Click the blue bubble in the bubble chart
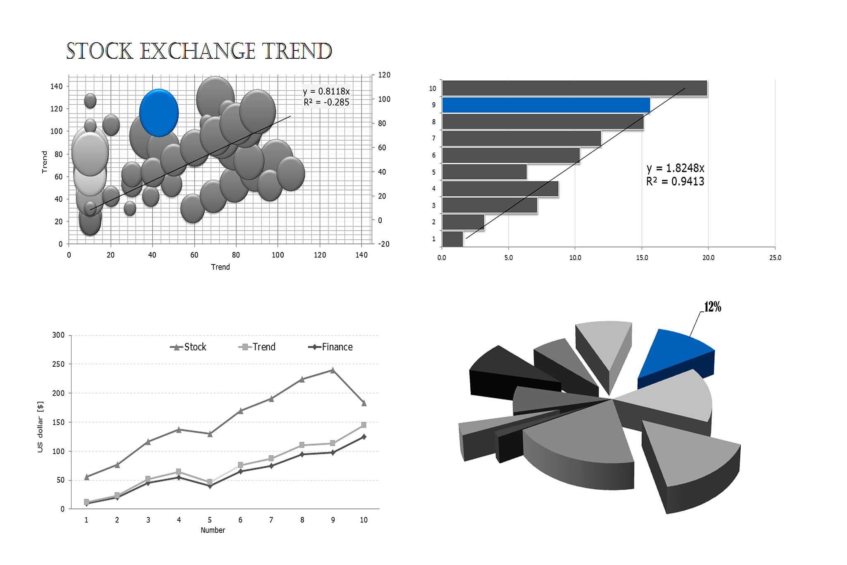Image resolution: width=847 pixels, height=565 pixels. (x=159, y=113)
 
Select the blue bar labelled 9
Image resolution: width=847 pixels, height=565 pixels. (x=546, y=105)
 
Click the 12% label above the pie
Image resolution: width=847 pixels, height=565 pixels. (x=713, y=307)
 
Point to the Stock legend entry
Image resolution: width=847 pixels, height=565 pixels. (x=188, y=347)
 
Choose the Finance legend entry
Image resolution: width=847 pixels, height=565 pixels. (x=330, y=347)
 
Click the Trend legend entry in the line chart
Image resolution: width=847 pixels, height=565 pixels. (x=257, y=347)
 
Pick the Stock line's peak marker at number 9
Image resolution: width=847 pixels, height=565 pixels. (x=333, y=370)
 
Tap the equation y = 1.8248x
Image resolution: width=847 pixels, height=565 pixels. (x=675, y=168)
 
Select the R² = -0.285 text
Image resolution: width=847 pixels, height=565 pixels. (x=326, y=102)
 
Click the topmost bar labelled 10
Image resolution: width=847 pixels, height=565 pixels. (x=575, y=88)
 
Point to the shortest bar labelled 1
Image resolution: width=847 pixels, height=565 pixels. (x=452, y=239)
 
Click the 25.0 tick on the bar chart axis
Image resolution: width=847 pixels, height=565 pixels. (x=775, y=257)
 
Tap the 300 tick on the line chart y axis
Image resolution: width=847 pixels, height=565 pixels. (x=58, y=335)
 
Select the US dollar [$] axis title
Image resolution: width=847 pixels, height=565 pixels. (x=40, y=427)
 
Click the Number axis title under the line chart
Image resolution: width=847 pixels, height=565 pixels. (x=213, y=530)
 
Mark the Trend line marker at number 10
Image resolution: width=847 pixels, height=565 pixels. (x=364, y=425)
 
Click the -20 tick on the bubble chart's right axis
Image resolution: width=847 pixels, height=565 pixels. (x=384, y=244)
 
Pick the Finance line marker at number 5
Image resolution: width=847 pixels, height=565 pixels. (x=210, y=486)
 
